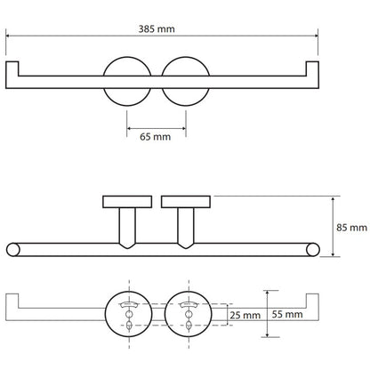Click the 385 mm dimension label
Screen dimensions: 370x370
(x=157, y=29)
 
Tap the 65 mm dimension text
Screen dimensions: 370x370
(x=155, y=137)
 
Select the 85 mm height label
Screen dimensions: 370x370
(x=351, y=228)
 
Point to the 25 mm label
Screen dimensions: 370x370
(x=245, y=315)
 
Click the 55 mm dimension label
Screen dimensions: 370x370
(x=287, y=314)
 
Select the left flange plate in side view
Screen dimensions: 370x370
(x=127, y=202)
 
